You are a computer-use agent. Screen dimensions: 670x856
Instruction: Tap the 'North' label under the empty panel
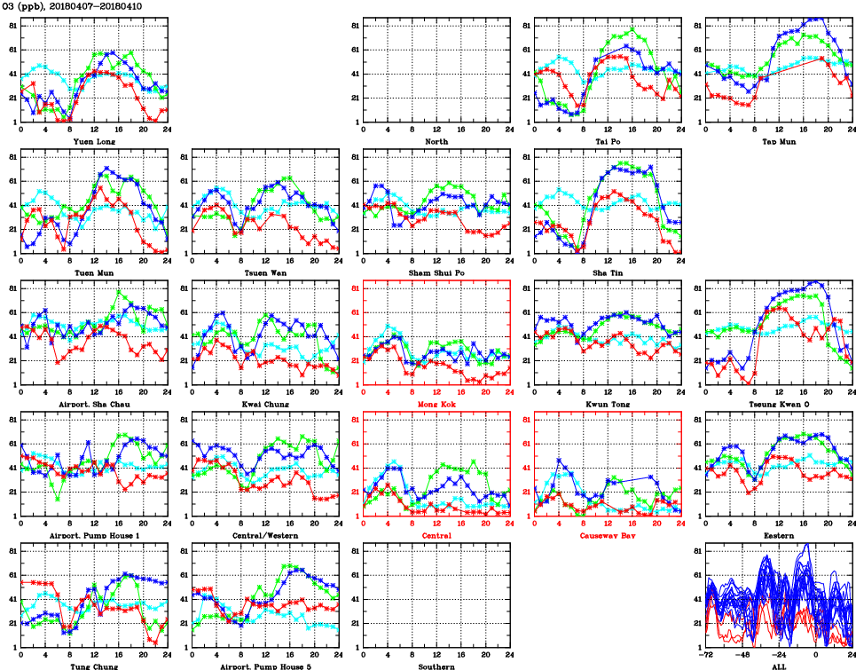pyautogui.click(x=436, y=141)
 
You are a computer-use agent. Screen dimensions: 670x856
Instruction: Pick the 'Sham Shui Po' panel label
pyautogui.click(x=436, y=272)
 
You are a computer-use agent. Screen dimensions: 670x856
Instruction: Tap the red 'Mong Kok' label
pyautogui.click(x=436, y=404)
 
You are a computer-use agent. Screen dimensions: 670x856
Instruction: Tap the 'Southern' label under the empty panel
pyautogui.click(x=436, y=666)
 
